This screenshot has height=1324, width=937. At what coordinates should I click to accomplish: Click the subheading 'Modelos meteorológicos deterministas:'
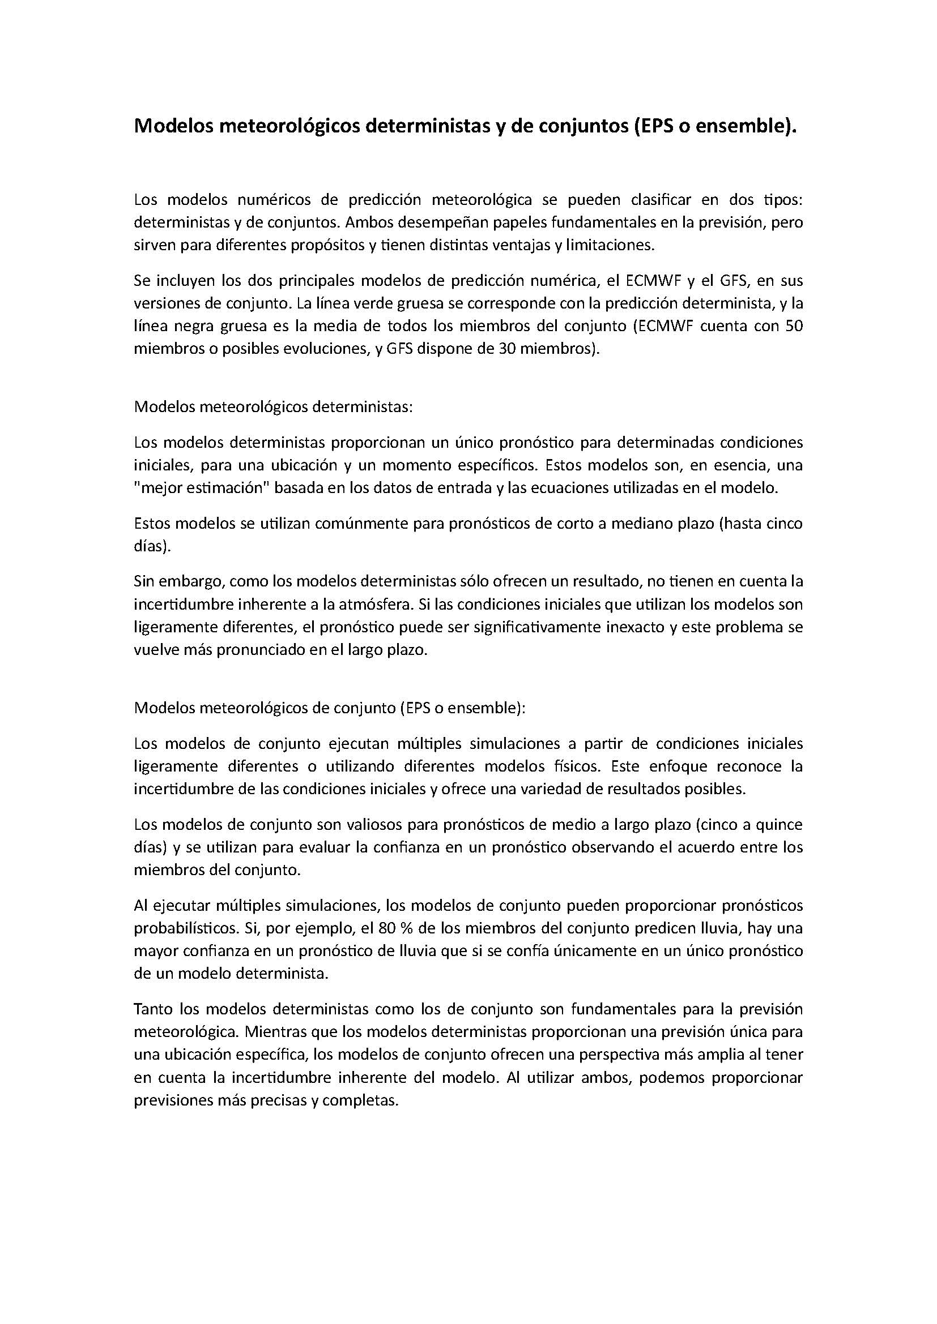click(x=274, y=406)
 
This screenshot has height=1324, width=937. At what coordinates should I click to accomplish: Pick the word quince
click(x=780, y=825)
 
